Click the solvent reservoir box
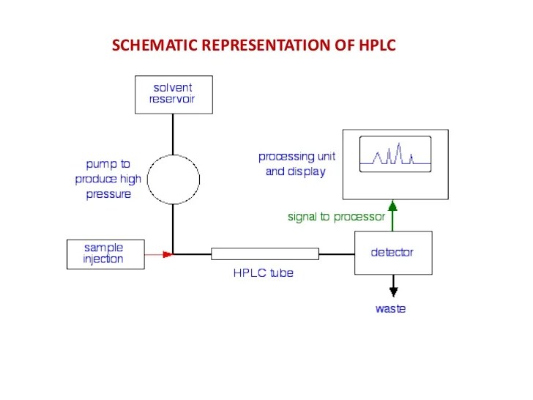[x=174, y=94]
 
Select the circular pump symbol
[x=174, y=179]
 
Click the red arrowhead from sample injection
[x=168, y=254]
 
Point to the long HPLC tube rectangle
[x=265, y=254]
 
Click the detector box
[x=393, y=253]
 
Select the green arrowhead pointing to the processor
[x=393, y=205]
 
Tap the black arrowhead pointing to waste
[x=393, y=292]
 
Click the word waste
[x=390, y=309]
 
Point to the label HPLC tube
[x=263, y=273]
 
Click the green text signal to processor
[x=336, y=217]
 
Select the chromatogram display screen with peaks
[x=394, y=155]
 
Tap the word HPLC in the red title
[x=378, y=45]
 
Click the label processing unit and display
[x=297, y=164]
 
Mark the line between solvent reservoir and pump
[x=174, y=133]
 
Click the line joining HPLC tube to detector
[x=337, y=254]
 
